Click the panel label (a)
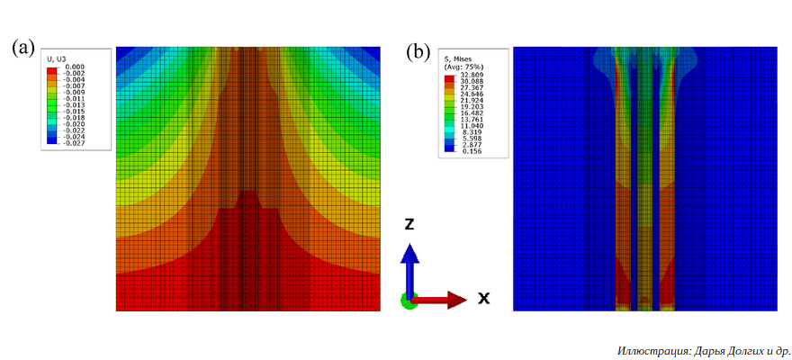24,48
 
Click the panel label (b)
418,50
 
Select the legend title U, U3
57,59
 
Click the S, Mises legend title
458,59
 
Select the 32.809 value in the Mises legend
472,76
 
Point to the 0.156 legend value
472,153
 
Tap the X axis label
483,298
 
